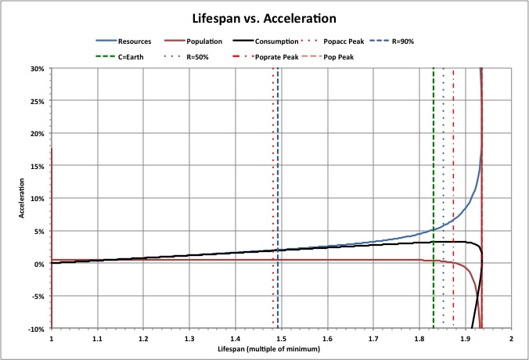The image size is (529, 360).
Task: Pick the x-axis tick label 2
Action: (511, 340)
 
